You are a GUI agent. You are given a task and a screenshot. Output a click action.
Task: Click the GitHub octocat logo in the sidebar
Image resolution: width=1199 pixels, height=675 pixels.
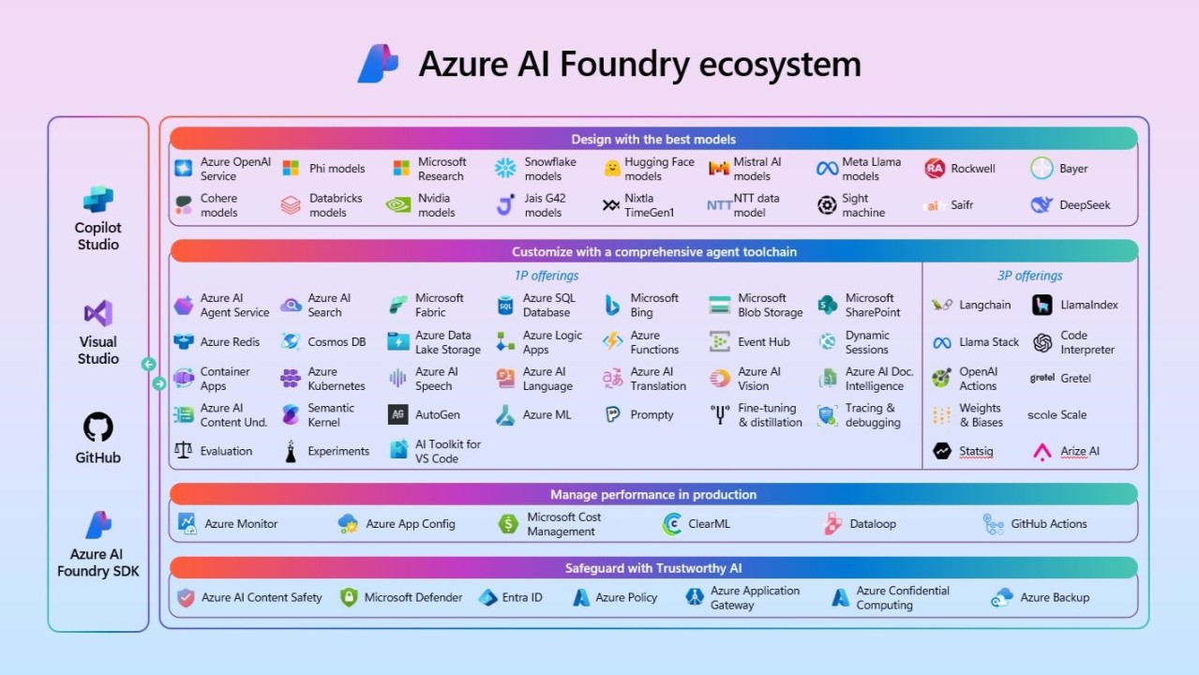pos(97,427)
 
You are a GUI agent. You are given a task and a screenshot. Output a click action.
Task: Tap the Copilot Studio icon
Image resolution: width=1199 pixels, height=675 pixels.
pos(97,200)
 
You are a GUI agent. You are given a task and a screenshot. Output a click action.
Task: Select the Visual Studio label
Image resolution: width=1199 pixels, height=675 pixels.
pos(97,350)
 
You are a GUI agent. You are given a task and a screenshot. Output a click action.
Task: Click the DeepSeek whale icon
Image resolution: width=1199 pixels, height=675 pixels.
pos(1042,204)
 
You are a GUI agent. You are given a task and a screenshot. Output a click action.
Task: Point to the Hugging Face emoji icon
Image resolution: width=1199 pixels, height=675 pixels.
pos(612,169)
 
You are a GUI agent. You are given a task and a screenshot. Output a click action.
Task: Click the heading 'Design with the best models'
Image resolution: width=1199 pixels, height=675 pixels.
pos(653,139)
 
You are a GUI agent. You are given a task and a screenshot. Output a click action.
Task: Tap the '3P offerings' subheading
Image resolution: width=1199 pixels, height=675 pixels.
pos(1029,276)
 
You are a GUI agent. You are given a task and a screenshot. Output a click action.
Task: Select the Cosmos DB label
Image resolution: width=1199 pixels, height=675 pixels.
pos(337,342)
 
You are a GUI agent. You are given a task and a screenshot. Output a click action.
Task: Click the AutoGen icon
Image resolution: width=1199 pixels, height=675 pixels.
pos(398,414)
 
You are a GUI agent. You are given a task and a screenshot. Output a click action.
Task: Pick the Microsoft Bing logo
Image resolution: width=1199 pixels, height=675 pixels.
pos(613,305)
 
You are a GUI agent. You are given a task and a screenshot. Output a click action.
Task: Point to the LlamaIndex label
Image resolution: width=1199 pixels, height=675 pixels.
pos(1088,305)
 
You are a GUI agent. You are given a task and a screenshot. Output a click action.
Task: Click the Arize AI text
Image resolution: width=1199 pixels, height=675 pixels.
pos(1079,451)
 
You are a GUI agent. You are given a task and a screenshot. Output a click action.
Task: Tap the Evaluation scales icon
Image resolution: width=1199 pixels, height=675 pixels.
pos(184,451)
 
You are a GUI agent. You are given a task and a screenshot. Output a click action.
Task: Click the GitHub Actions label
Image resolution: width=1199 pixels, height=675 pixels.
pos(1048,524)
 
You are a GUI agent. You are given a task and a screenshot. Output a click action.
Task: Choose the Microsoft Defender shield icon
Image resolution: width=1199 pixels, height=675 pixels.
pos(349,597)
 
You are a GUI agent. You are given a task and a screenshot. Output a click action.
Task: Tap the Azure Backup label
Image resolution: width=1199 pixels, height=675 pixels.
pos(1055,597)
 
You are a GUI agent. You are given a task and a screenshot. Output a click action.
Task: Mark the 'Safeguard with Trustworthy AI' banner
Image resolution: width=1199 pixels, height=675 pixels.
pos(653,567)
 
